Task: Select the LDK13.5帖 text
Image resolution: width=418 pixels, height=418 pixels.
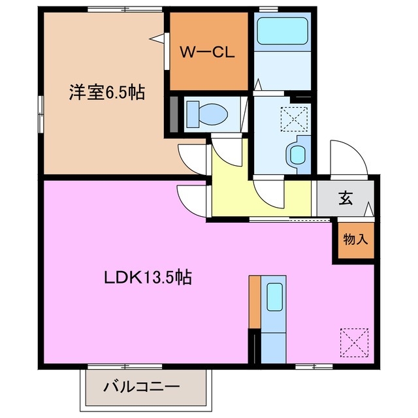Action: point(148,277)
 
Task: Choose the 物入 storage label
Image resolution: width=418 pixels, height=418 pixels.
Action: point(356,238)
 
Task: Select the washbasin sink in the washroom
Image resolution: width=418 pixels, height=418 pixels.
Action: point(297,155)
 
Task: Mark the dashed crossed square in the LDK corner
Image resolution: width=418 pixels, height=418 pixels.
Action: point(354,341)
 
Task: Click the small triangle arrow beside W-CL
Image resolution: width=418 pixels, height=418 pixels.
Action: point(158,39)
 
